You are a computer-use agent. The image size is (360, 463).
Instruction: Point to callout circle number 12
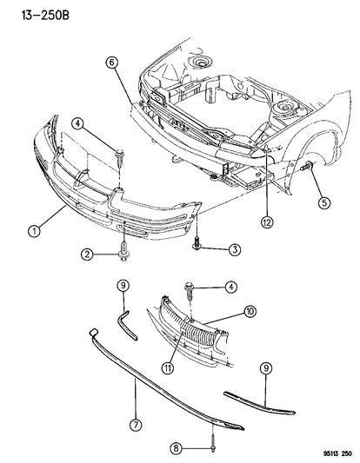(264, 221)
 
